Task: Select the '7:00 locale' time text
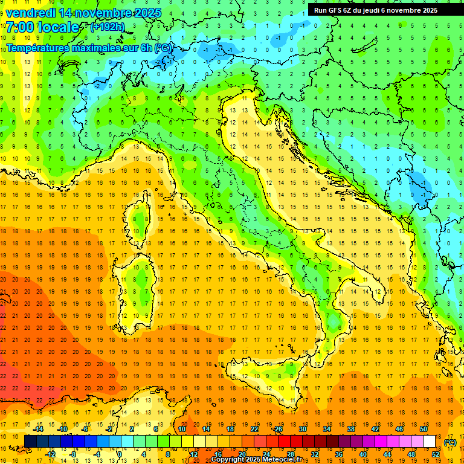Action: [42, 27]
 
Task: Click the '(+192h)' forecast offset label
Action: [107, 27]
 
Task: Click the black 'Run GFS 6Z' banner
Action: [380, 10]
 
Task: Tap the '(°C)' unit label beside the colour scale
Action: [449, 442]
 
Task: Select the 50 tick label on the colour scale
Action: [424, 429]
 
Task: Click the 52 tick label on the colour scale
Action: [436, 454]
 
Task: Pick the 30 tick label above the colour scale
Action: [303, 429]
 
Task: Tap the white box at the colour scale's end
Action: [429, 441]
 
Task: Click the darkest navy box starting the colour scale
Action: [30, 441]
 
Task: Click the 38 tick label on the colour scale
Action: [351, 429]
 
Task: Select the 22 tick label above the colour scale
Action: [254, 429]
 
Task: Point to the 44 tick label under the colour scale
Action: [387, 454]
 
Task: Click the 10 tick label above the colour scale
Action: [182, 429]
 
